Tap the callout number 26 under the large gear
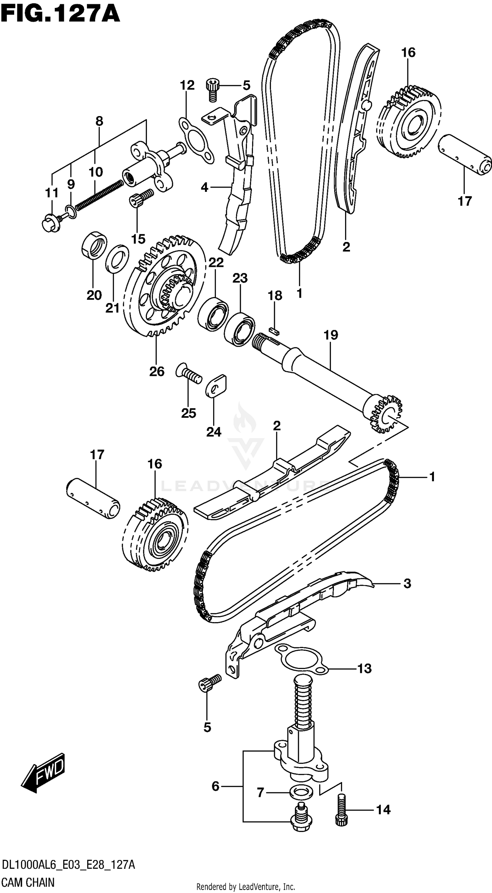[x=157, y=372]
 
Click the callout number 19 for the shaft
[x=331, y=335]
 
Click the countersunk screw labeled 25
[x=189, y=375]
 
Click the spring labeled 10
[x=99, y=196]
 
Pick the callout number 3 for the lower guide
[x=407, y=583]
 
